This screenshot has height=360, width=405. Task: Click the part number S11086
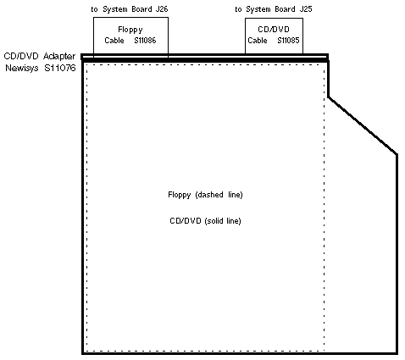click(145, 41)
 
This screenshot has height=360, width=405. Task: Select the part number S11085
click(288, 41)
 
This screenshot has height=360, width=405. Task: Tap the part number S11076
click(60, 68)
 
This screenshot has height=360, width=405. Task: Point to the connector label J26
click(162, 9)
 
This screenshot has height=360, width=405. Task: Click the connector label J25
click(306, 9)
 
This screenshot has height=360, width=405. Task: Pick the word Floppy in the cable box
click(130, 30)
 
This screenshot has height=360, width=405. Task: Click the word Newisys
click(22, 69)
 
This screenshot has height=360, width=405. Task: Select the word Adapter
click(59, 57)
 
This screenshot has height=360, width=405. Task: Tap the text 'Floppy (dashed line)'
click(205, 195)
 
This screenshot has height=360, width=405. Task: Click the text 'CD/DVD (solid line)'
click(205, 221)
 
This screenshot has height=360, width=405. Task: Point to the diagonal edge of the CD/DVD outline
click(363, 125)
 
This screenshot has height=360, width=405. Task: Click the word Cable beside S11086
click(114, 41)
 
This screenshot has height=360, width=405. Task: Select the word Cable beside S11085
click(258, 41)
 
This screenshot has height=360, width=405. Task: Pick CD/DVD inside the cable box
click(274, 30)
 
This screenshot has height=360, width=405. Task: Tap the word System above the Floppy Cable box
click(115, 9)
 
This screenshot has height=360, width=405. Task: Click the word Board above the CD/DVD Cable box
click(286, 9)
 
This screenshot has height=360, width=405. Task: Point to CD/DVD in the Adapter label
click(21, 56)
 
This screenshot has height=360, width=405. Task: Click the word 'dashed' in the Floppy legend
click(210, 195)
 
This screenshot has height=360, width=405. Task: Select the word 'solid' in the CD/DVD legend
click(215, 220)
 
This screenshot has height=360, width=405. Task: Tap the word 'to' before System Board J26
click(94, 9)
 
